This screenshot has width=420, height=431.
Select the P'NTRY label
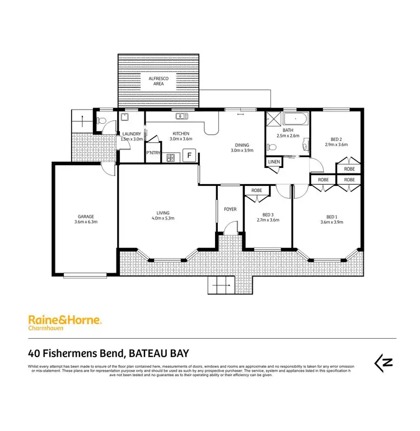152,152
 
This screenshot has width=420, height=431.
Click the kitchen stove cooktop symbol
170,157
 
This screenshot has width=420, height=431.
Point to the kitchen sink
181,116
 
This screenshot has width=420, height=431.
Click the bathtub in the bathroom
295,119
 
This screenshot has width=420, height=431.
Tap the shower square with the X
273,120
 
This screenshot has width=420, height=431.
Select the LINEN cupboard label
273,162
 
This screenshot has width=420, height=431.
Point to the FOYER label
230,209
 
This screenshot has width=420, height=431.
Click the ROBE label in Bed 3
256,190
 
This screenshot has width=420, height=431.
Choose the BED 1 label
333,217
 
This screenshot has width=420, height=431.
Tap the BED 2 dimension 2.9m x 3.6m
336,144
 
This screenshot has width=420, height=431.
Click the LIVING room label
163,212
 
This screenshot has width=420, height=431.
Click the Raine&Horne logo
64,320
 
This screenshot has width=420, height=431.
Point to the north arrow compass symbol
384,362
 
